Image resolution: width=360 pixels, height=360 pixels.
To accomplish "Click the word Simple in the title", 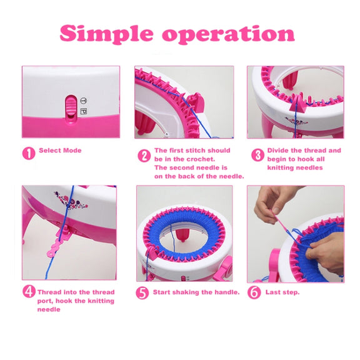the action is tap(106, 34).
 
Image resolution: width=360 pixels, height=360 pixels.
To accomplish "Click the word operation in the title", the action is tap(228, 34).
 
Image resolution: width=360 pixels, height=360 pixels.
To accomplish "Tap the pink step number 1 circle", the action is tap(29, 153).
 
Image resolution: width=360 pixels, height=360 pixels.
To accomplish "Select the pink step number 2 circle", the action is tap(144, 156).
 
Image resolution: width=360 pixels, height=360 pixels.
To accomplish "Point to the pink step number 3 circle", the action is tap(257, 155).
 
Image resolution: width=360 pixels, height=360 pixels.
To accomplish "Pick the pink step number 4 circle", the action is tap(29, 291).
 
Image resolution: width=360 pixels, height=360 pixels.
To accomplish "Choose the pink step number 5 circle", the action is tap(142, 292).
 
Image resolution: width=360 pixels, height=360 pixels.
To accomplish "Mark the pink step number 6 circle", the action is tap(254, 292).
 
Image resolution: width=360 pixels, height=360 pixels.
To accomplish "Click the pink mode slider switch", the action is tap(71, 109).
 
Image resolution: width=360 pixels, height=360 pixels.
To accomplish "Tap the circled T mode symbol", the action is tap(84, 101).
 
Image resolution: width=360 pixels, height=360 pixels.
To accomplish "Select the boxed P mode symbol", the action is tap(84, 111).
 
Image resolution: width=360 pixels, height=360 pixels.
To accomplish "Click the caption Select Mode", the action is tap(60, 151).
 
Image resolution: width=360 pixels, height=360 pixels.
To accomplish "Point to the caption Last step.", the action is tap(282, 292).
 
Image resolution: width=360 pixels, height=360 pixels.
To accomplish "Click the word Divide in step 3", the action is tap(277, 151).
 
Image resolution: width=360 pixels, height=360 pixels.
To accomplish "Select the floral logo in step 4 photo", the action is tap(70, 201).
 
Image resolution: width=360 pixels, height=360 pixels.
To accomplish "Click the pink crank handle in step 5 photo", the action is tap(224, 268).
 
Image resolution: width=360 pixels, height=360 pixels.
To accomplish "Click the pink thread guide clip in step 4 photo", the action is tap(59, 241).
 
